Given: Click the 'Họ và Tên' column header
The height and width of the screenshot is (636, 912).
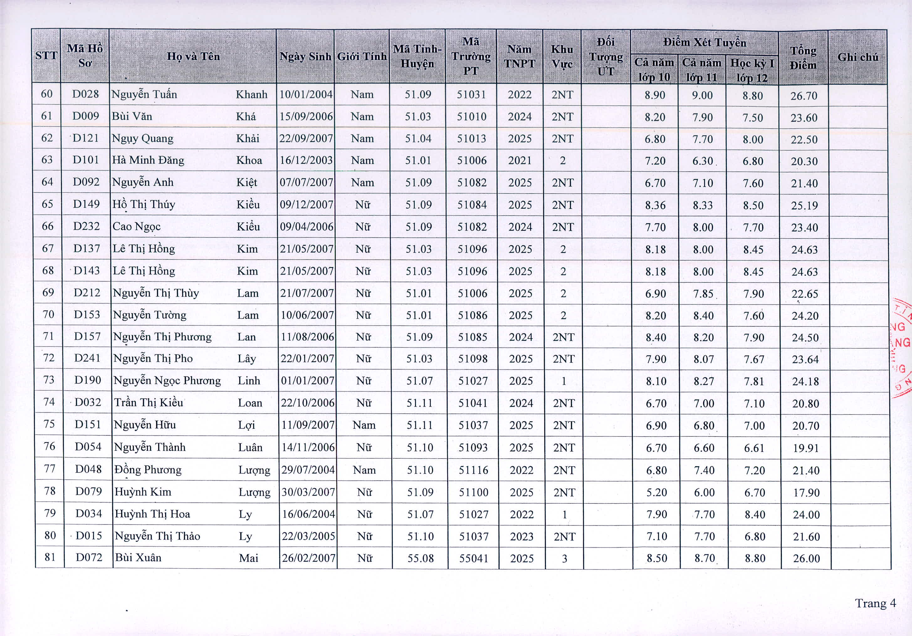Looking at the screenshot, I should [193, 56].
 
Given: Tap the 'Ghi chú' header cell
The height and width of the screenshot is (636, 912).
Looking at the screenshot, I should [857, 57].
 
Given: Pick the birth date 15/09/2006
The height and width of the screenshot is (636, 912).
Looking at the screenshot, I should [306, 116].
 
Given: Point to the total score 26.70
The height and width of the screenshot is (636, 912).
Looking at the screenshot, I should [804, 96].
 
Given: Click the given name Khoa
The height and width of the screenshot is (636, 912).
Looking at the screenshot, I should [249, 160].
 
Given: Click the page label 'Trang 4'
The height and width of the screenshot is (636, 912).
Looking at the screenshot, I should [875, 603].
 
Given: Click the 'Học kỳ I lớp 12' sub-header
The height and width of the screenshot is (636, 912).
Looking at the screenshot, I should [752, 70].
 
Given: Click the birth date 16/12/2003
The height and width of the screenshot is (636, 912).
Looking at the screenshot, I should [306, 160].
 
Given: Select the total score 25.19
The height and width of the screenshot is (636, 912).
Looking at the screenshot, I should [805, 206].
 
